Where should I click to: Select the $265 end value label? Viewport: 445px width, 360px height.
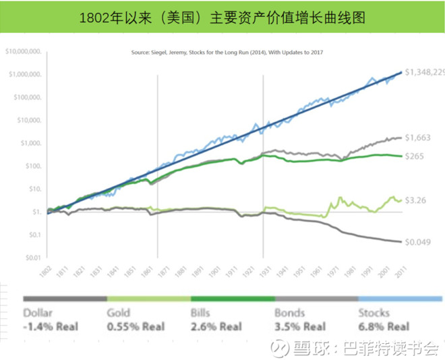pos(415,156)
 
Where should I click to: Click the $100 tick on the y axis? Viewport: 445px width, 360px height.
pos(33,166)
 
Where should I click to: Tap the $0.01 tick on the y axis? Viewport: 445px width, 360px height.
pos(34,258)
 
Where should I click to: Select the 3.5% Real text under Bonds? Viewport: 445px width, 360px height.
pos(299,328)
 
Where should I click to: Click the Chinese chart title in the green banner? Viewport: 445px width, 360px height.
pos(222,17)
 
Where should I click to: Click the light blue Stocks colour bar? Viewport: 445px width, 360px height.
pos(399,298)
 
